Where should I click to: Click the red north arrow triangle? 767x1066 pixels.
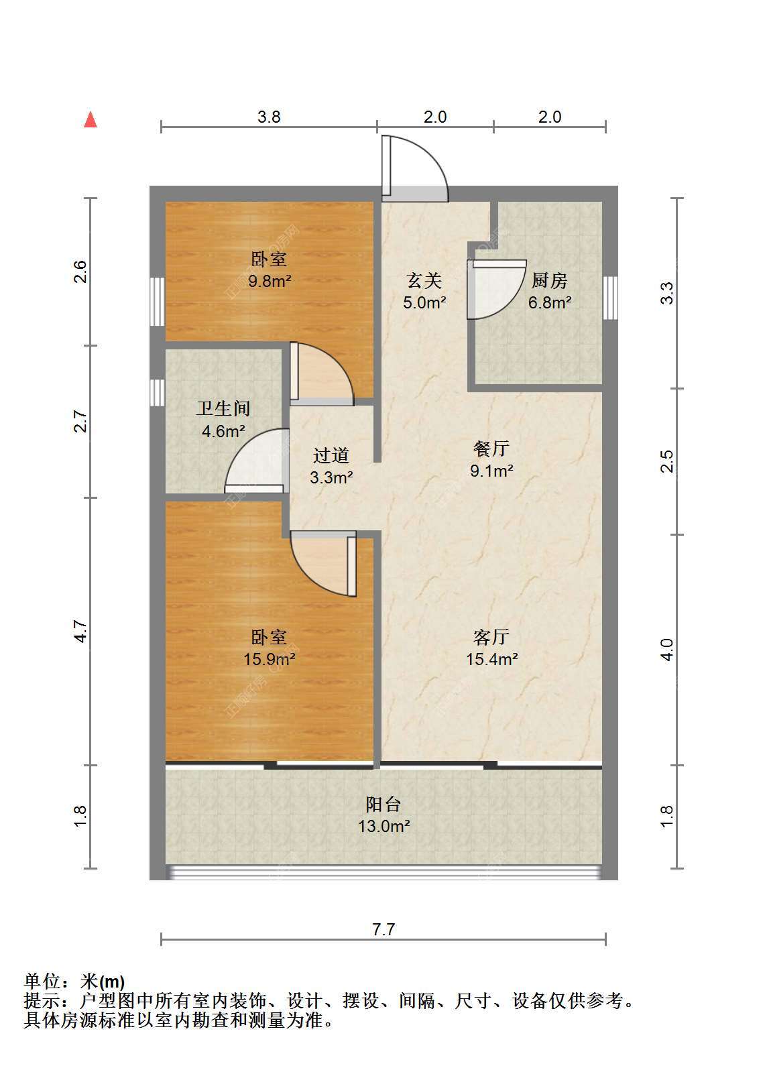tap(91, 120)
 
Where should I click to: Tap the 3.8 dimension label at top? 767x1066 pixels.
tap(269, 117)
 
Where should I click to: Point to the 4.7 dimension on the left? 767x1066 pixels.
tap(81, 632)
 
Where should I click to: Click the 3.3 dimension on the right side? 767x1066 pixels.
tap(667, 293)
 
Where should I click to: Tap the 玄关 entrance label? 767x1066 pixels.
tap(424, 280)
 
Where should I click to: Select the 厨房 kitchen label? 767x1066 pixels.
tap(550, 280)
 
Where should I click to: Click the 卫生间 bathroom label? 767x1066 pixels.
tap(223, 408)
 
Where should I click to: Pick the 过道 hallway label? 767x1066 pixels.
tap(331, 455)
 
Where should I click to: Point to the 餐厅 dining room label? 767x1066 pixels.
tap(491, 449)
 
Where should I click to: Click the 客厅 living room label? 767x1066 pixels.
tap(491, 637)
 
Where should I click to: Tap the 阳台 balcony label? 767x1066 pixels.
tap(383, 805)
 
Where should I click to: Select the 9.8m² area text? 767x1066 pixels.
tap(270, 282)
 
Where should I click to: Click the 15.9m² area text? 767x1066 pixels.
tap(270, 659)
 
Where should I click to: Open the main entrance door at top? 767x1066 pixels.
tap(414, 168)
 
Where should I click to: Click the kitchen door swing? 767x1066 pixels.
tap(497, 289)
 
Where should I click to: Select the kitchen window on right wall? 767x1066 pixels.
tap(611, 298)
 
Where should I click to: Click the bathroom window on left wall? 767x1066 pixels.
tap(158, 393)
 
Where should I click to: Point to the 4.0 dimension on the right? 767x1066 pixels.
tap(667, 650)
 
